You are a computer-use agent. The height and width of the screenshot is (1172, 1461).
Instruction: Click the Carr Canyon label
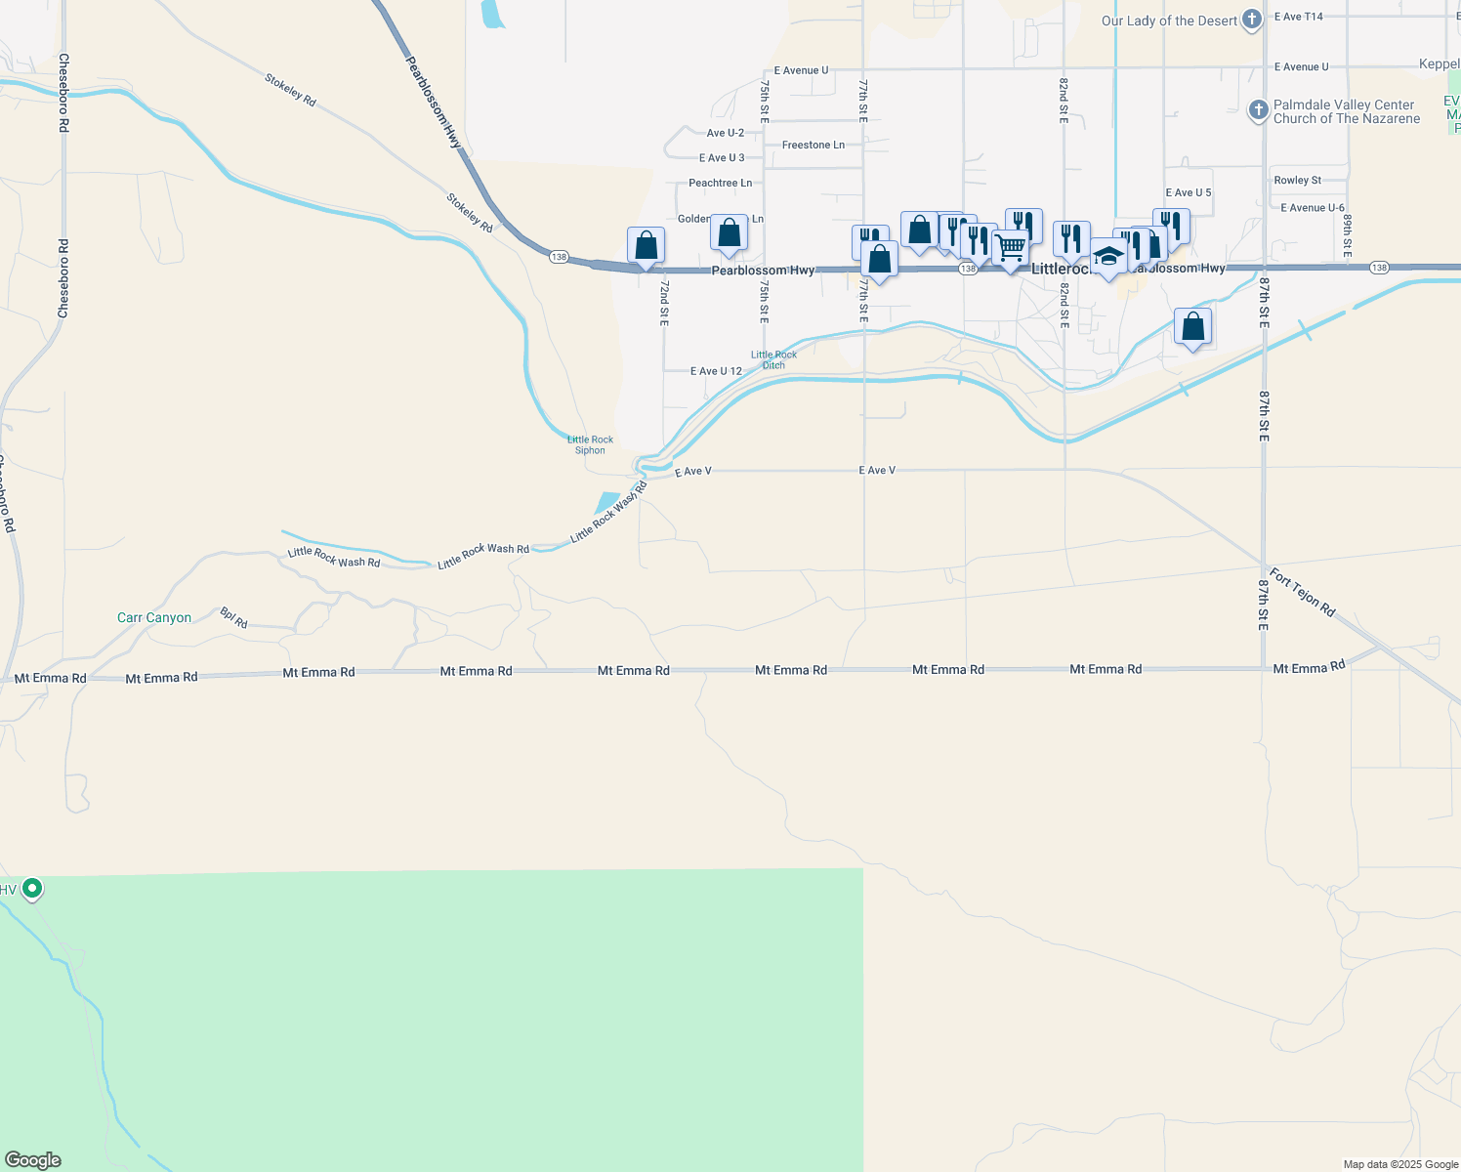pyautogui.click(x=154, y=617)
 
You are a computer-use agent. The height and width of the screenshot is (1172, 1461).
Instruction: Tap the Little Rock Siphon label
pyautogui.click(x=590, y=444)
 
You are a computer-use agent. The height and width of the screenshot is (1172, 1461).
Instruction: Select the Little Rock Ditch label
pyautogui.click(x=773, y=359)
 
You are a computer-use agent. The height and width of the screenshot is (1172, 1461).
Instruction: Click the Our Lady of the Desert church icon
pyautogui.click(x=1252, y=21)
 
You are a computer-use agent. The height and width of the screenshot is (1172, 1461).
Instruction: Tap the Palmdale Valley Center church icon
pyautogui.click(x=1259, y=109)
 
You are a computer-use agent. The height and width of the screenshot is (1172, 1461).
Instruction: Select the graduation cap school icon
pyautogui.click(x=1107, y=257)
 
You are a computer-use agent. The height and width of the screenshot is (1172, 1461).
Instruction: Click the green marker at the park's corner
pyautogui.click(x=32, y=888)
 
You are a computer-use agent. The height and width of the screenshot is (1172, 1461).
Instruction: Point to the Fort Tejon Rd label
pyautogui.click(x=1302, y=591)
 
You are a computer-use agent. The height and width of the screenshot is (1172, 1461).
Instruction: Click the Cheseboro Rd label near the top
pyautogui.click(x=63, y=93)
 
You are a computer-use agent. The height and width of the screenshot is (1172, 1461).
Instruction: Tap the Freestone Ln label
pyautogui.click(x=813, y=145)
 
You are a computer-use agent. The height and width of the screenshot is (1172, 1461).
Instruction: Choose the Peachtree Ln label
pyautogui.click(x=720, y=183)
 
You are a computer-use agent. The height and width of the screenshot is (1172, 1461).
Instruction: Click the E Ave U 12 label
pyautogui.click(x=716, y=371)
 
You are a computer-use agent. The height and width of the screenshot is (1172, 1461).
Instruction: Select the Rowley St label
pyautogui.click(x=1297, y=180)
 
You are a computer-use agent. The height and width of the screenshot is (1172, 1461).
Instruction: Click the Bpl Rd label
pyautogui.click(x=233, y=617)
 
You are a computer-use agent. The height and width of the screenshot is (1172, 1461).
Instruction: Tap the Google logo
pyautogui.click(x=32, y=1160)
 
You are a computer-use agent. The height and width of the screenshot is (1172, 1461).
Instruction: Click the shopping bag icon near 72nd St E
pyautogui.click(x=646, y=246)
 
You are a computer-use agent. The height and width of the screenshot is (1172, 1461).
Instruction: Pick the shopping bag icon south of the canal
pyautogui.click(x=1192, y=327)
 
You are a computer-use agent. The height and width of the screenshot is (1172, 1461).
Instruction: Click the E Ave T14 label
pyautogui.click(x=1298, y=17)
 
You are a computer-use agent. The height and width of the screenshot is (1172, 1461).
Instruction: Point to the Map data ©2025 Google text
pyautogui.click(x=1400, y=1164)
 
